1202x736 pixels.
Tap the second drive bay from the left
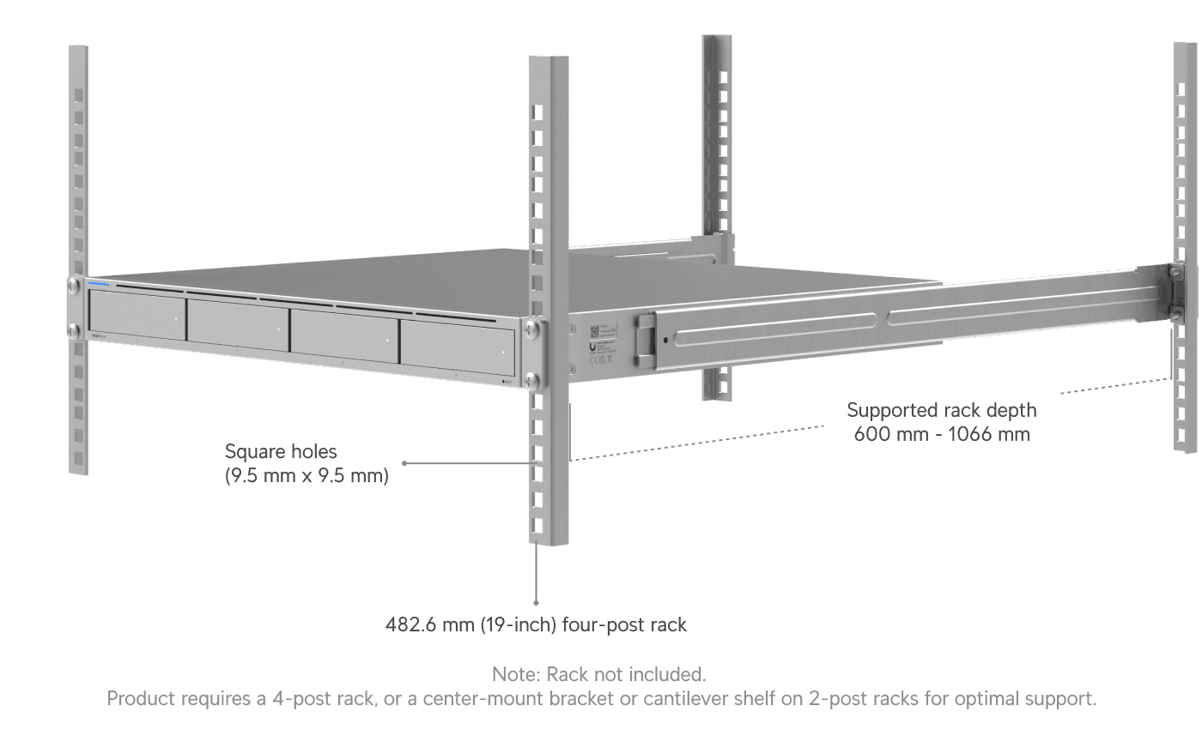point(237,323)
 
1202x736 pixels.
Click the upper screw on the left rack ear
point(75,284)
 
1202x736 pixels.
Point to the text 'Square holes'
point(282,451)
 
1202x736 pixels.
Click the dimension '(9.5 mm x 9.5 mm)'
point(307,474)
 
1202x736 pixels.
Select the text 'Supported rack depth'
point(942,410)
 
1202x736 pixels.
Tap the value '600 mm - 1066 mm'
point(942,433)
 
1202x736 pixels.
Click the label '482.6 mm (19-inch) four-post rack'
point(537,624)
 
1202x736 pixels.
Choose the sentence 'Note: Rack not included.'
point(599,674)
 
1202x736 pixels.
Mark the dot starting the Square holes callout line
point(404,463)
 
